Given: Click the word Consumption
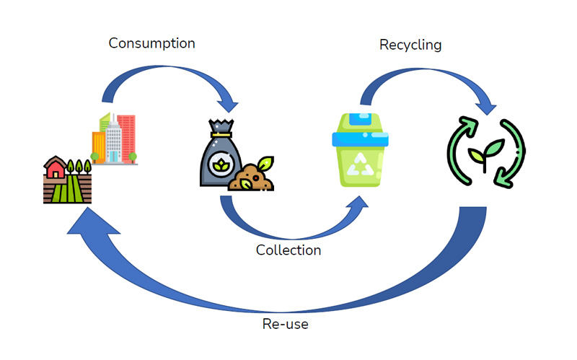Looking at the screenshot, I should [151, 43].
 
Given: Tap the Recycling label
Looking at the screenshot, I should [410, 45].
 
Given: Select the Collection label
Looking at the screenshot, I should [288, 250].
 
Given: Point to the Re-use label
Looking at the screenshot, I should [285, 324].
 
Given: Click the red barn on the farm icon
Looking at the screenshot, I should [54, 170].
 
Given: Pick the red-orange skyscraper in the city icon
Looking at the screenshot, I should [126, 133].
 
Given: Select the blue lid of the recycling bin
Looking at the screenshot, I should [361, 123].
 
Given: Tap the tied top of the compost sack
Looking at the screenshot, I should [219, 128].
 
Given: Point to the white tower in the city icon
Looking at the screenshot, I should [113, 141].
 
